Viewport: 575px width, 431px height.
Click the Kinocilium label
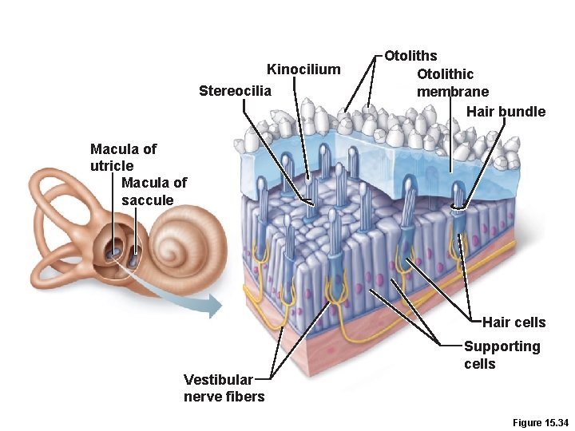point(303,69)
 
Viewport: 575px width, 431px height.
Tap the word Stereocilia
point(235,90)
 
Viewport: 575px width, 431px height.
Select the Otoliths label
point(410,56)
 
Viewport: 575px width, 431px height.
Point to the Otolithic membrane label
point(452,83)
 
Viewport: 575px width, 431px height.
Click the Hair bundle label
point(506,112)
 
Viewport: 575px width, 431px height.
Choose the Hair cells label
point(514,322)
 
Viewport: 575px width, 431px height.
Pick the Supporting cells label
point(502,355)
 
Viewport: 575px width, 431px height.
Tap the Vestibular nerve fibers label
point(224,388)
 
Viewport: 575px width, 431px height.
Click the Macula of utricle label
point(123,157)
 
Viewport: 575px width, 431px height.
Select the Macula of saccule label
point(153,191)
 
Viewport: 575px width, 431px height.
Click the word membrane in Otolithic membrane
point(452,92)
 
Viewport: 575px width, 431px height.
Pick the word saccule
point(147,200)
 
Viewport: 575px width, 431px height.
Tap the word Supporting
point(502,346)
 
